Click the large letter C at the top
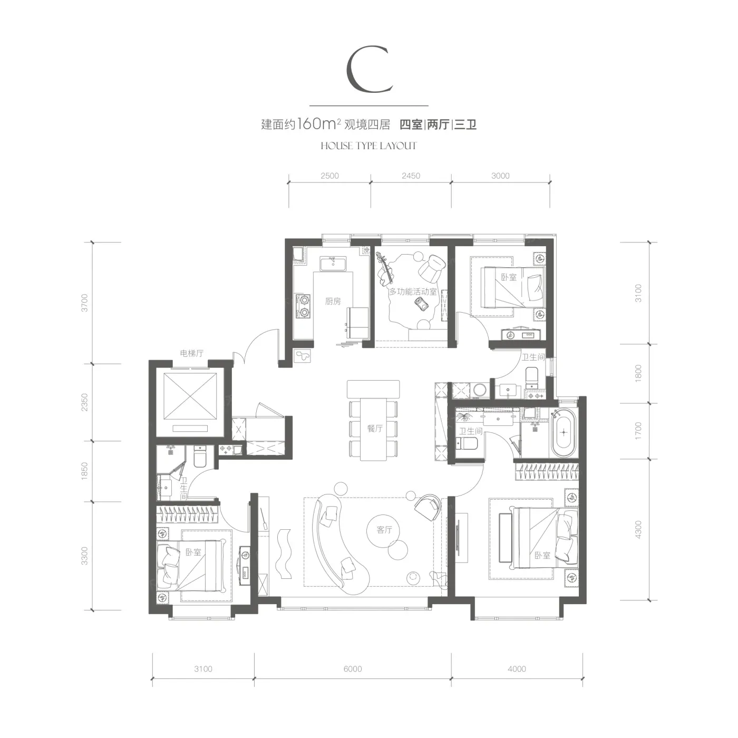coord(369,69)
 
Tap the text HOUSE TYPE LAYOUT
coord(368,146)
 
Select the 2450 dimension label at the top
coord(411,176)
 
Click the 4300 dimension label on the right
coord(638,530)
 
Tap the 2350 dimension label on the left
coord(85,402)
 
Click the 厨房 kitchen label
coord(333,302)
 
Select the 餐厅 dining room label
coord(375,428)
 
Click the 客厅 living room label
coord(384,530)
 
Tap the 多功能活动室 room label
coord(413,292)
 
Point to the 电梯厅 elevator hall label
coord(191,353)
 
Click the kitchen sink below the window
coord(333,264)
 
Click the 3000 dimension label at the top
coord(500,176)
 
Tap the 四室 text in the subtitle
coord(411,124)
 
